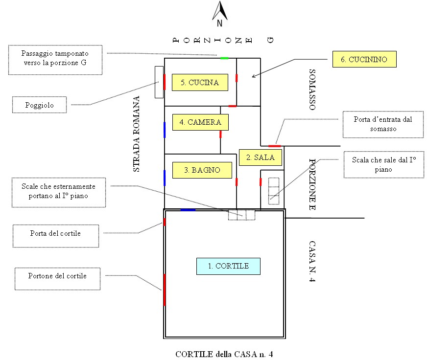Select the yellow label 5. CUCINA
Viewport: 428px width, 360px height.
pyautogui.click(x=200, y=83)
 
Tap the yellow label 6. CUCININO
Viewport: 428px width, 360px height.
pyautogui.click(x=364, y=59)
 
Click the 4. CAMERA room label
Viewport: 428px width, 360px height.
pyautogui.click(x=200, y=122)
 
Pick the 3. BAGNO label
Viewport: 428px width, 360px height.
pyautogui.click(x=202, y=170)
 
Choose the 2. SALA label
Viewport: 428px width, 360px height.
pyautogui.click(x=260, y=157)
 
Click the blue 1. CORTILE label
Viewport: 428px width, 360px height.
pyautogui.click(x=228, y=266)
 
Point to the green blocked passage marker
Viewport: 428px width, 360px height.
pyautogui.click(x=224, y=58)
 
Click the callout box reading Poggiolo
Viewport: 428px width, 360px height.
pyautogui.click(x=39, y=105)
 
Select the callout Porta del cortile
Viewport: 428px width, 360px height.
pyautogui.click(x=55, y=233)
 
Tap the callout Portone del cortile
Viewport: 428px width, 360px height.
pyautogui.click(x=58, y=276)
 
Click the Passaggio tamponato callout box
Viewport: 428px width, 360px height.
pyautogui.click(x=55, y=60)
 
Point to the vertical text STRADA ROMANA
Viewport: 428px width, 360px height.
pyautogui.click(x=137, y=134)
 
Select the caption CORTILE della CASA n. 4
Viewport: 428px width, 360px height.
pyautogui.click(x=223, y=354)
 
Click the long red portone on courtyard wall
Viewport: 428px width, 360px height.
pyautogui.click(x=164, y=290)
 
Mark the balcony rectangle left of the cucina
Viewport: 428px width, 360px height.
pyautogui.click(x=159, y=82)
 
